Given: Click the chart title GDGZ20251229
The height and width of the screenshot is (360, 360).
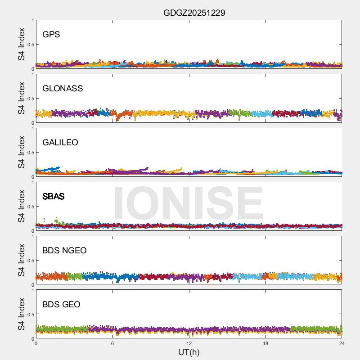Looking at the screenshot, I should (194, 13).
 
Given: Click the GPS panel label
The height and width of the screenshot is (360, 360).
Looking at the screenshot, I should (51, 35).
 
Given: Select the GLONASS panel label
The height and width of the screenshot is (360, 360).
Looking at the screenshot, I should (63, 89).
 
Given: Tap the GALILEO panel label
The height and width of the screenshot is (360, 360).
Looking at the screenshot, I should (60, 143).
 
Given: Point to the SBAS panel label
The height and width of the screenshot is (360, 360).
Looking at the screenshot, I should (53, 197).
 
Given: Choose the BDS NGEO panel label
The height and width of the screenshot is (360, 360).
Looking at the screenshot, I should (64, 251).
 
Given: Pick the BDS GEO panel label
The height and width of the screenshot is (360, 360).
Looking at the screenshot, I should (61, 305).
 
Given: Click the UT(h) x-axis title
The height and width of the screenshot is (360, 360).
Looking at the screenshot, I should (189, 352).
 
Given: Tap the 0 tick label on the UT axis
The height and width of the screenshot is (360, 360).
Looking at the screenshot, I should (36, 343).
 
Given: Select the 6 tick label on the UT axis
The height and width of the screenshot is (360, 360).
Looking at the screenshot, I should (112, 343).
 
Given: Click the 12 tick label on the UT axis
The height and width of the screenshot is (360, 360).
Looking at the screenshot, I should (189, 343).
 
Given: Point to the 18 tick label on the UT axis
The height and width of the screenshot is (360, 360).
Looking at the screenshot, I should (265, 343).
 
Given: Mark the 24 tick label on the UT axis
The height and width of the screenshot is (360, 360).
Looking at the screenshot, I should (342, 343).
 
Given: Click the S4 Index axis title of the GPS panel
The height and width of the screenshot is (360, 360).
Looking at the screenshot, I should (22, 44).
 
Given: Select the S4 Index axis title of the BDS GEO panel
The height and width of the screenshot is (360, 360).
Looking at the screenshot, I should (22, 314).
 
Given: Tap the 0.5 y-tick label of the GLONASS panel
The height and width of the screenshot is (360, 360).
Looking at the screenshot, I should (29, 99).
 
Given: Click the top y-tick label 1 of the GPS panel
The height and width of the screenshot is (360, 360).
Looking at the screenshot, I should (32, 21).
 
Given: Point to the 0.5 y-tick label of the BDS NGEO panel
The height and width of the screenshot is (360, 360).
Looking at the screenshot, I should (29, 261).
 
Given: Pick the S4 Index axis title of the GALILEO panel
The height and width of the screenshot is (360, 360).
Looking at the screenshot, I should (22, 152).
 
